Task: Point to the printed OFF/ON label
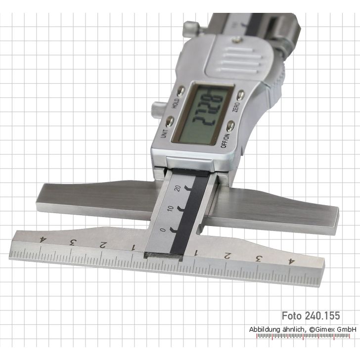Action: (225, 138)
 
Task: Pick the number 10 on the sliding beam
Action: (171, 210)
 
